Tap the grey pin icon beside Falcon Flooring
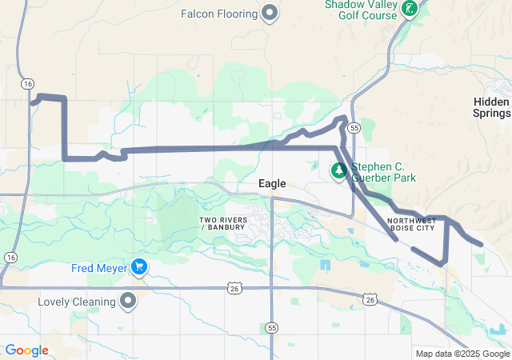coord(270,12)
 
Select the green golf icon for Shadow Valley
coord(410,9)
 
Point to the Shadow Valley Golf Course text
coord(361,10)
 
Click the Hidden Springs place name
coord(491,107)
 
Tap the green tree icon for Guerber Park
coord(339,170)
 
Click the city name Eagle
coord(272,184)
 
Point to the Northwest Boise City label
coord(411,224)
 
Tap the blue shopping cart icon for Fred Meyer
coord(139,267)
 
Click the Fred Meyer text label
coord(98,268)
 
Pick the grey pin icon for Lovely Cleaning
coord(128,302)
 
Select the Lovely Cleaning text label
coord(77,302)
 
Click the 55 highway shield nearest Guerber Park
coord(354,127)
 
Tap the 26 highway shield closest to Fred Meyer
coord(232,286)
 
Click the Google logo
coord(27,350)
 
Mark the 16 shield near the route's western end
coord(28,83)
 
